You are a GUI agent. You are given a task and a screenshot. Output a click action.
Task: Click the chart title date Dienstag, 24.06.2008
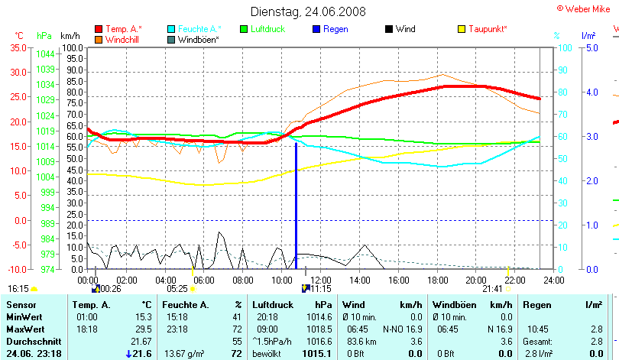click(308, 11)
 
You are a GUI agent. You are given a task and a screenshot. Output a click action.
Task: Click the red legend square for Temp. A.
click(99, 29)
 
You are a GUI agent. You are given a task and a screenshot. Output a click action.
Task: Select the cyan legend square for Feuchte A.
click(172, 29)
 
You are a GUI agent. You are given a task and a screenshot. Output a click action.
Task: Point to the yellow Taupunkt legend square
click(461, 29)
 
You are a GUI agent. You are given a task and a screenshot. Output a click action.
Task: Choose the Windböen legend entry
click(198, 39)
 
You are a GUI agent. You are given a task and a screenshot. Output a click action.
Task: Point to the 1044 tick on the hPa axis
click(45, 54)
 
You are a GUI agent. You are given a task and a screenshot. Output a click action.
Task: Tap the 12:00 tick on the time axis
click(319, 281)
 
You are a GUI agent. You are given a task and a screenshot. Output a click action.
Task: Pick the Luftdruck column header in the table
click(271, 305)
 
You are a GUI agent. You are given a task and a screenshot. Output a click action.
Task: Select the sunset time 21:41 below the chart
click(492, 289)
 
